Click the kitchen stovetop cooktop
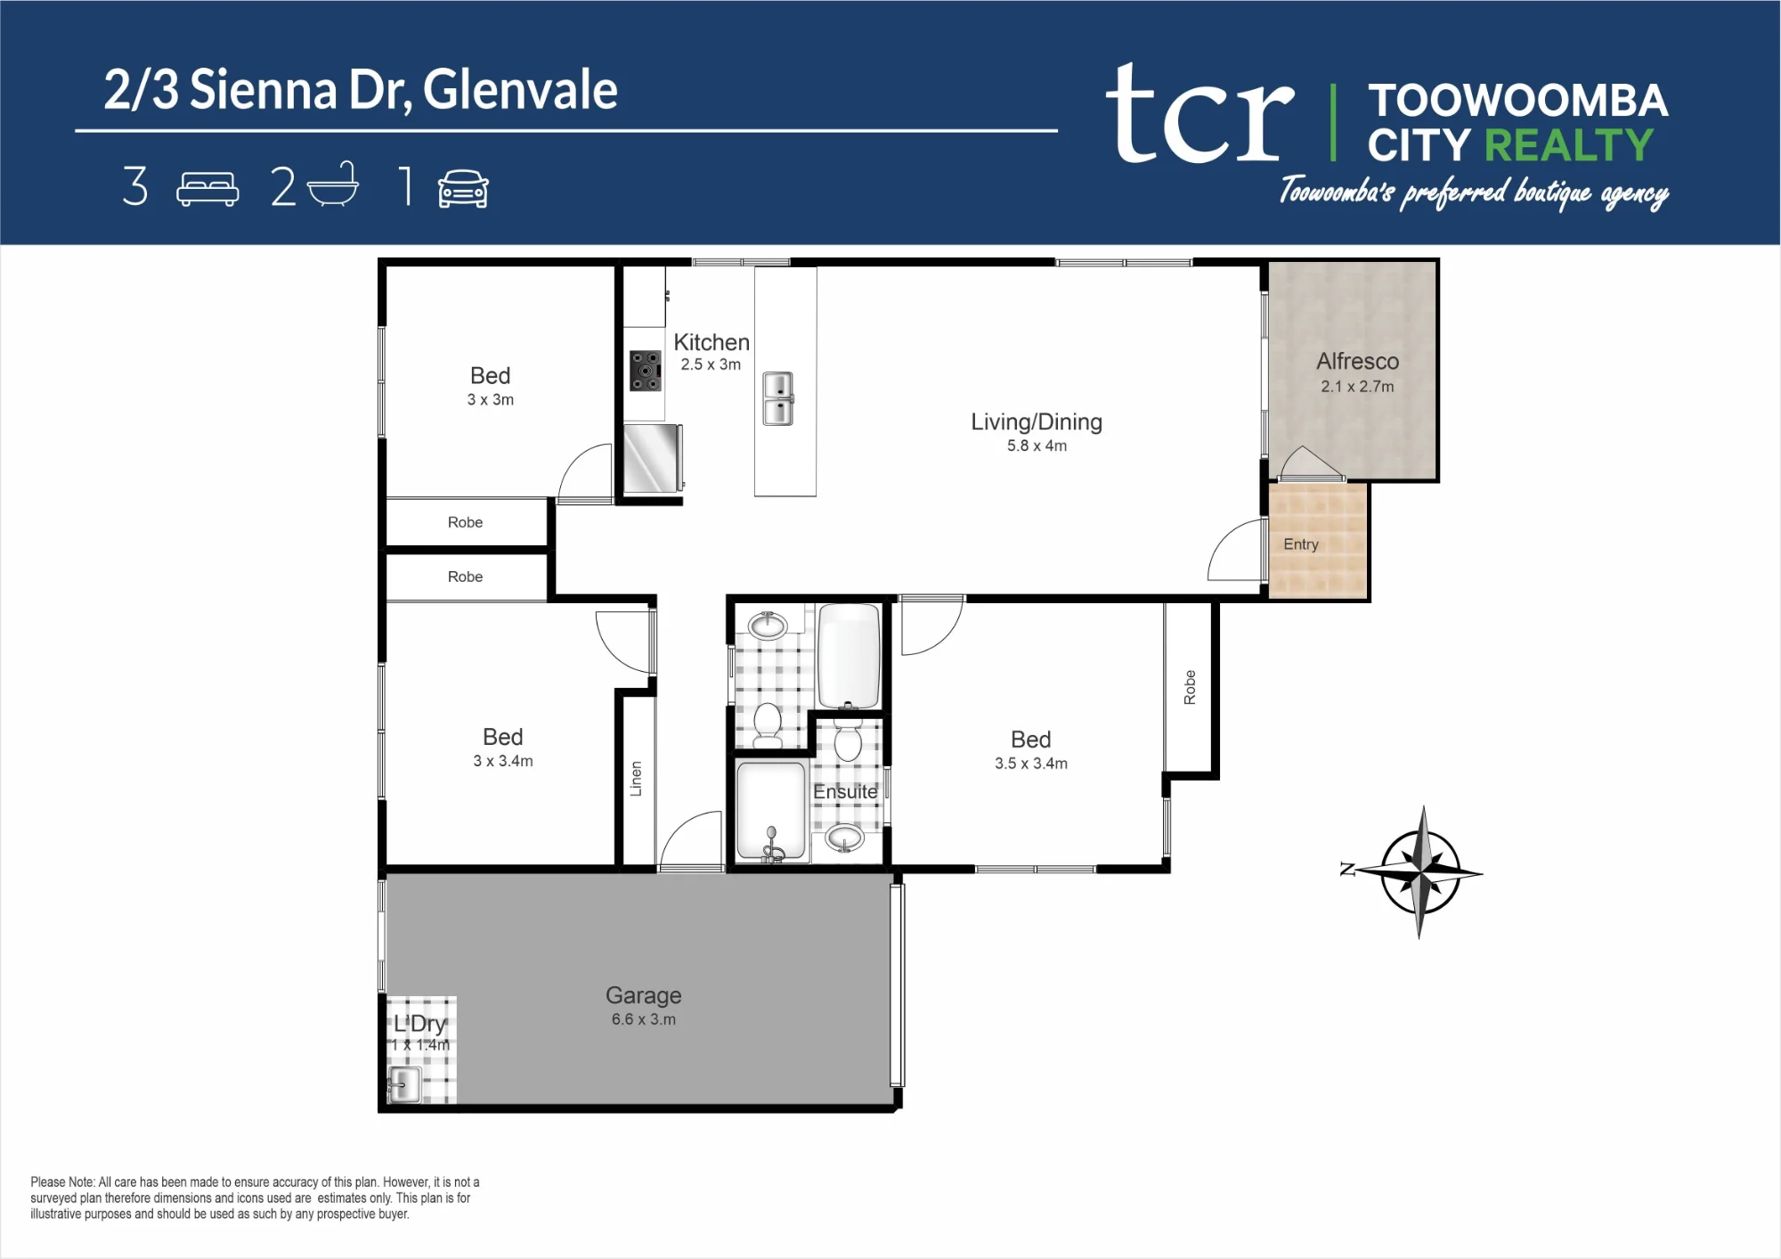pyautogui.click(x=646, y=371)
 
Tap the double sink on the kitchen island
pyautogui.click(x=778, y=398)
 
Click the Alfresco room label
pyautogui.click(x=1357, y=361)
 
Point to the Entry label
pyautogui.click(x=1300, y=544)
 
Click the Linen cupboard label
pyautogui.click(x=636, y=778)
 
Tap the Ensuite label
pyautogui.click(x=845, y=791)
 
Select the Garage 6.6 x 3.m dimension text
pyautogui.click(x=643, y=1019)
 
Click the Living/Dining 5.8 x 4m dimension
pyautogui.click(x=1037, y=446)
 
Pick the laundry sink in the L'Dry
pyautogui.click(x=404, y=1084)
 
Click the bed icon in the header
pyautogui.click(x=207, y=189)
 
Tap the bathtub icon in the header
pyautogui.click(x=333, y=184)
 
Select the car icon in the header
pyautogui.click(x=463, y=188)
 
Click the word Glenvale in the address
pyautogui.click(x=520, y=90)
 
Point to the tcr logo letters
pyautogui.click(x=1199, y=113)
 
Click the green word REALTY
pyautogui.click(x=1569, y=145)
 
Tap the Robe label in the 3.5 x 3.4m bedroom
pyautogui.click(x=1190, y=687)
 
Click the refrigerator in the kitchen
pyautogui.click(x=654, y=458)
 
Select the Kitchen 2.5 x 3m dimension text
pyautogui.click(x=711, y=364)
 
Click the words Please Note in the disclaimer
pyautogui.click(x=61, y=1182)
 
